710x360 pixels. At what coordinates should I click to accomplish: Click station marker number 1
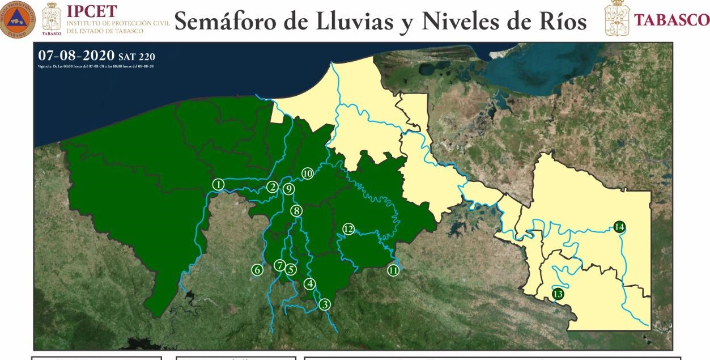coord(219,184)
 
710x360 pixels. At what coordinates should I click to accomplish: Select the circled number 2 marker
coord(273,187)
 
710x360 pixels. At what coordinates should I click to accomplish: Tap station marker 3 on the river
coord(325,304)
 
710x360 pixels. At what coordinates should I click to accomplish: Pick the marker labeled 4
coord(309,283)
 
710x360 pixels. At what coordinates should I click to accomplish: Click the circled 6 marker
coord(258,270)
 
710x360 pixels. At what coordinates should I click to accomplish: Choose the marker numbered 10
coord(307,173)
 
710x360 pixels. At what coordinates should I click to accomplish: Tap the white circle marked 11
coord(393,270)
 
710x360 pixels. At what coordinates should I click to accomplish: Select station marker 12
coord(348,229)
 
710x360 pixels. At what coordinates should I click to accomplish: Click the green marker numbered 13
coord(558,294)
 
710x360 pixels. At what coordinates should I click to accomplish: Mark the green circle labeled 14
coord(619,227)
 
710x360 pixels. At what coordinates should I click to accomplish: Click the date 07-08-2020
coord(76,56)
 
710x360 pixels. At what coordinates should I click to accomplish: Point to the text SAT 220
coord(137,57)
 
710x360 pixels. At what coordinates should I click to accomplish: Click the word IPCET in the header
coord(92,11)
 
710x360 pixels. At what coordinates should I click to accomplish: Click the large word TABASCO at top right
coord(671,20)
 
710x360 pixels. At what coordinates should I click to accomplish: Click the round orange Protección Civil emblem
coord(18,19)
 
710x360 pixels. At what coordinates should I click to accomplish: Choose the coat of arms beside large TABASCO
coord(617,18)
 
